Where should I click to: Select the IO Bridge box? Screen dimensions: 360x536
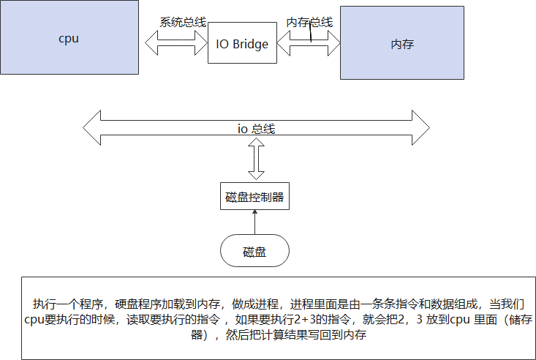pos(243,45)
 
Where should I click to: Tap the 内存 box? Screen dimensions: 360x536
pos(401,45)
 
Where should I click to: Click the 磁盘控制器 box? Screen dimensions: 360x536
pos(254,196)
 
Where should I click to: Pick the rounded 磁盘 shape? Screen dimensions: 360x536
pos(254,252)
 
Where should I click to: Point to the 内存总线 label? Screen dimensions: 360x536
pos(309,23)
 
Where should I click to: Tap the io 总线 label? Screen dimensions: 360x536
pos(255,129)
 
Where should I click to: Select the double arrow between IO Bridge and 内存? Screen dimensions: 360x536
pos(308,45)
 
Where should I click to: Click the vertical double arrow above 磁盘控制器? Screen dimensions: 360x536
pos(255,162)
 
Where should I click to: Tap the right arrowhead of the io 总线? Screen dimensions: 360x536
pos(420,128)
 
